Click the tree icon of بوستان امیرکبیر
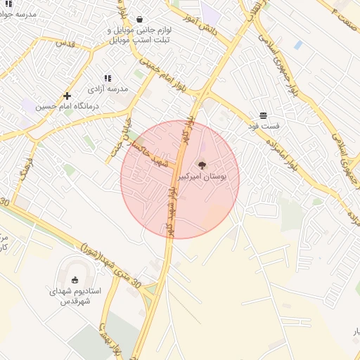(x=202, y=165)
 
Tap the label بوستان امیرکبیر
(x=203, y=177)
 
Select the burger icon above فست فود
(x=263, y=115)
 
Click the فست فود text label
(x=263, y=126)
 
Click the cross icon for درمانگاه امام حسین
(x=67, y=96)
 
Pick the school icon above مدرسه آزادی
(x=107, y=79)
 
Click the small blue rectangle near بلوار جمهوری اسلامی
(x=298, y=45)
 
